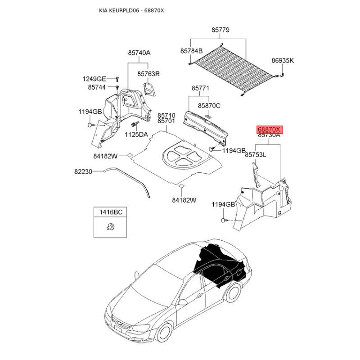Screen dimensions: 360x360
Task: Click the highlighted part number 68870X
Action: [270, 130]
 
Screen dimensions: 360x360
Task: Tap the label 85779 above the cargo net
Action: [220, 30]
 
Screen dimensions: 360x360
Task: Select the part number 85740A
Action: [139, 53]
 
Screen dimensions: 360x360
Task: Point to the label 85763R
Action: [148, 74]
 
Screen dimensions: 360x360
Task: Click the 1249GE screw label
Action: [94, 79]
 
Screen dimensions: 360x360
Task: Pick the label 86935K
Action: [283, 61]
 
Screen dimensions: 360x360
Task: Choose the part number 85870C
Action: [209, 106]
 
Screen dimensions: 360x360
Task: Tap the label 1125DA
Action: [136, 135]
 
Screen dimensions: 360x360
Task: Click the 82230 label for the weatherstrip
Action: [83, 171]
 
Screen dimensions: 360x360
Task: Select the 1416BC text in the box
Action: [111, 212]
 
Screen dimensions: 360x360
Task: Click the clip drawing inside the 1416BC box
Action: [111, 227]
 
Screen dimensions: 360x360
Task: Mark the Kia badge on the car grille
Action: [118, 323]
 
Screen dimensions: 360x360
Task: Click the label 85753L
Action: [255, 155]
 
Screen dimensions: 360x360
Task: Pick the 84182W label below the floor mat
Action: [184, 200]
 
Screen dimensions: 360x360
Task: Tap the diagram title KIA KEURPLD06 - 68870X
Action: [131, 10]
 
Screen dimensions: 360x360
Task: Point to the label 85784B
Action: [192, 51]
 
